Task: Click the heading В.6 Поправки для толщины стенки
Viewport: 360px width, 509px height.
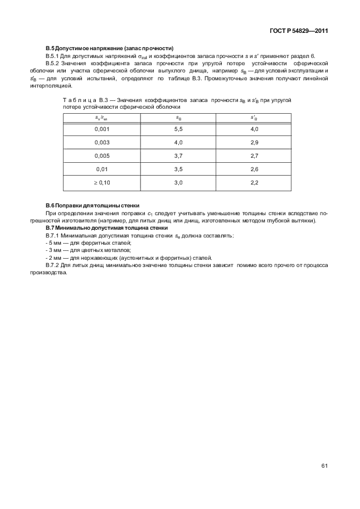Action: [x=92, y=206]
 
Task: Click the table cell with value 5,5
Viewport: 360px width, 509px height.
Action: [x=178, y=129]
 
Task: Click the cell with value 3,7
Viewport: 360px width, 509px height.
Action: [x=178, y=156]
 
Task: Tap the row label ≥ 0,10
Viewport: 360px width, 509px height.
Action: [x=102, y=182]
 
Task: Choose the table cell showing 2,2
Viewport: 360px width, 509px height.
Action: [x=254, y=182]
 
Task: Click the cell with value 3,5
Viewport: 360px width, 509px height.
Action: [x=178, y=169]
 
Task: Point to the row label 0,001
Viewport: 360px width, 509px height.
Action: [x=102, y=129]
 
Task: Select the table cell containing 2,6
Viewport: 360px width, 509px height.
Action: [x=254, y=169]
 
